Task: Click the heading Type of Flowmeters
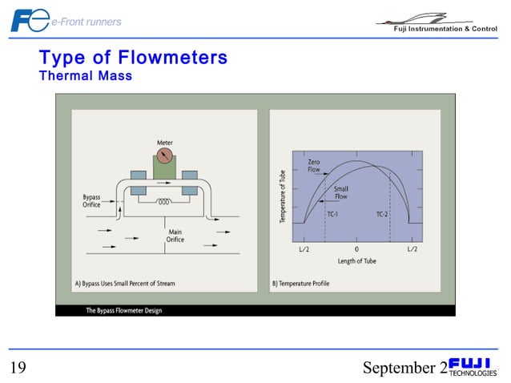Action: pyautogui.click(x=133, y=58)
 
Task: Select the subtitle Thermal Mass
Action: pyautogui.click(x=86, y=75)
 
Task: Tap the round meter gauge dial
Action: pyautogui.click(x=165, y=155)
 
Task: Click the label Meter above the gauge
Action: pyautogui.click(x=165, y=143)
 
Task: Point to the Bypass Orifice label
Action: pyautogui.click(x=92, y=201)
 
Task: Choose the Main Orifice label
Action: pyautogui.click(x=175, y=236)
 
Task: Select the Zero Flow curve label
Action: pyautogui.click(x=315, y=166)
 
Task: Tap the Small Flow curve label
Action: pyautogui.click(x=341, y=192)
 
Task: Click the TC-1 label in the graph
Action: pyautogui.click(x=332, y=215)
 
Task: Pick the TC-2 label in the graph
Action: pyautogui.click(x=384, y=215)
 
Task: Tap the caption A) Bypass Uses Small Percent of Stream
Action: pyautogui.click(x=125, y=284)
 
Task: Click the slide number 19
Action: pyautogui.click(x=18, y=368)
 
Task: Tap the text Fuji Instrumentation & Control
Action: pyautogui.click(x=445, y=29)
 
